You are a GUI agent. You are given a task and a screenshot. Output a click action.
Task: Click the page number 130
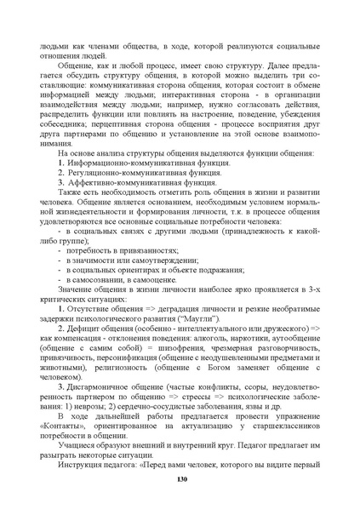(180, 480)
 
